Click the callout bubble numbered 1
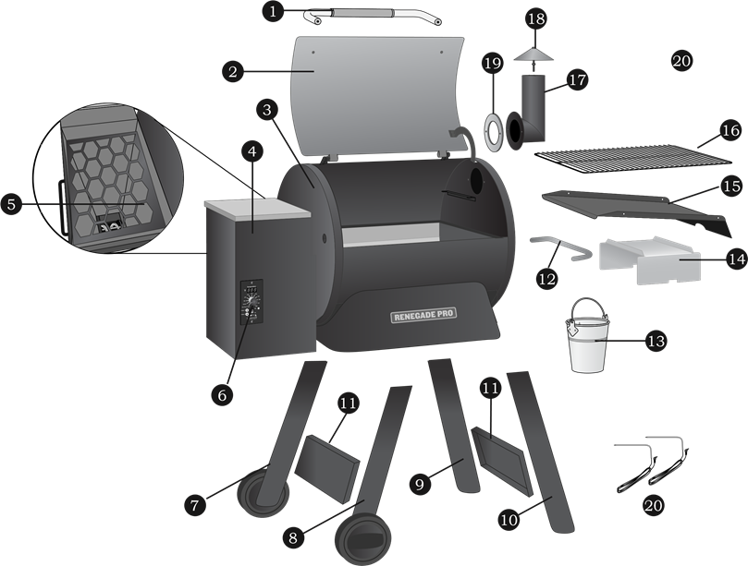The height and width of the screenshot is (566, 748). click(x=272, y=11)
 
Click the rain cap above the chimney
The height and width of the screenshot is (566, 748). click(x=535, y=54)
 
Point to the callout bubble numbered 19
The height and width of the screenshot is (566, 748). click(x=493, y=63)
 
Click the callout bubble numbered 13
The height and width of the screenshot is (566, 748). click(x=655, y=341)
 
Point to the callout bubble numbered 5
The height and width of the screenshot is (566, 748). click(x=11, y=204)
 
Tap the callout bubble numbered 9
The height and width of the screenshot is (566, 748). click(x=419, y=482)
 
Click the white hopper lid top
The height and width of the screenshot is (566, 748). click(x=256, y=209)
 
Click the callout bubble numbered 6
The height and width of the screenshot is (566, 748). click(x=220, y=394)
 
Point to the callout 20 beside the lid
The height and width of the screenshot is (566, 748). click(x=681, y=61)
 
